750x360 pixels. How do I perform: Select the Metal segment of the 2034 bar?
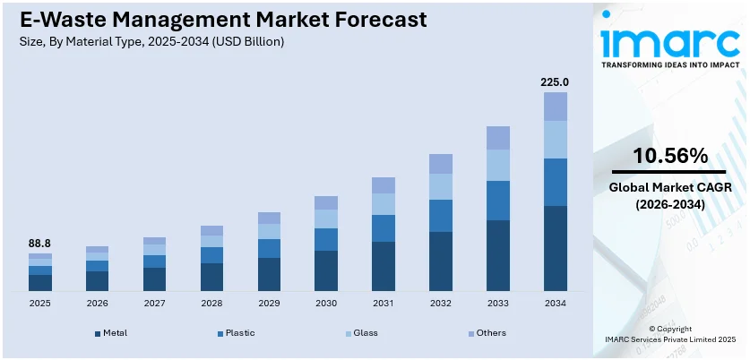556,248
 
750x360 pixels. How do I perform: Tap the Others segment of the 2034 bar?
556,107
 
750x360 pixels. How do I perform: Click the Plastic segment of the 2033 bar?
498,201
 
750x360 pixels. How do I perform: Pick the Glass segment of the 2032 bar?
441,186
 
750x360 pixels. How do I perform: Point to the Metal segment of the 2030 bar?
326,270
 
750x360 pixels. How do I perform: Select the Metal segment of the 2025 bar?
40,282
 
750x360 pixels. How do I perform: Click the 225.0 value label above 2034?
555,82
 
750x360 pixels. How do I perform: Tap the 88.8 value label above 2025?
40,243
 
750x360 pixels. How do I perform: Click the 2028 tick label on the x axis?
211,304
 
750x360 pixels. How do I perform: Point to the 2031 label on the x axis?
384,304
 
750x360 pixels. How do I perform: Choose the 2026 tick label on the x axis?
98,304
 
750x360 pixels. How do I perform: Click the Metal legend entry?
110,333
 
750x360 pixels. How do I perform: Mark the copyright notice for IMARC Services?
670,335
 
